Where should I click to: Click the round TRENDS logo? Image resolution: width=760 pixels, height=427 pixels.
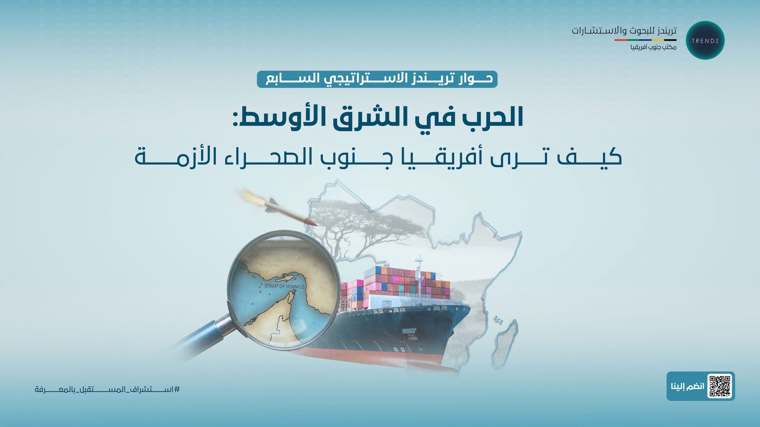point(705,40)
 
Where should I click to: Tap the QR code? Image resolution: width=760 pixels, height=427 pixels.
point(720,386)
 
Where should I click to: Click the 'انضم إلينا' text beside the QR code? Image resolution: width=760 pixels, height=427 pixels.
point(688,386)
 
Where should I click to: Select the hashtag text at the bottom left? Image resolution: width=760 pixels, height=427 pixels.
point(107,389)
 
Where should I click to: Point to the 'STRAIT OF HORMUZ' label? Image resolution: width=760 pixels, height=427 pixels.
point(284,286)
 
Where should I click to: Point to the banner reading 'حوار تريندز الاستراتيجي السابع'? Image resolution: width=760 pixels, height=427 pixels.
point(377,79)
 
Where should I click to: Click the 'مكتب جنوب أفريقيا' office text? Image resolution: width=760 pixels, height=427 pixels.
point(653,47)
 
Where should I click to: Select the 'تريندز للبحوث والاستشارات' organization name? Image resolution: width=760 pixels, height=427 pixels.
point(624,31)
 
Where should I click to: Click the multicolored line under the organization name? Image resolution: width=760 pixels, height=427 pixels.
point(645,40)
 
